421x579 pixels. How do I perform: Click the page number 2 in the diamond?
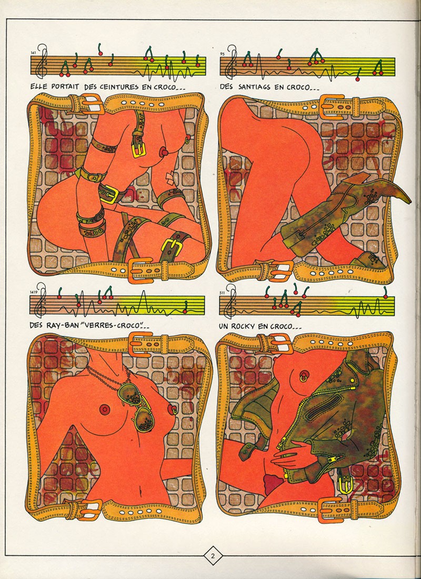click(x=213, y=556)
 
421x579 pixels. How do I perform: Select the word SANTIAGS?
click(x=255, y=87)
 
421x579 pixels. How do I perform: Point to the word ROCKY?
click(x=246, y=326)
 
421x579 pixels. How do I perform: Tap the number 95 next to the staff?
click(x=222, y=54)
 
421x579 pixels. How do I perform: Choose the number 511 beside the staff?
click(x=222, y=293)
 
